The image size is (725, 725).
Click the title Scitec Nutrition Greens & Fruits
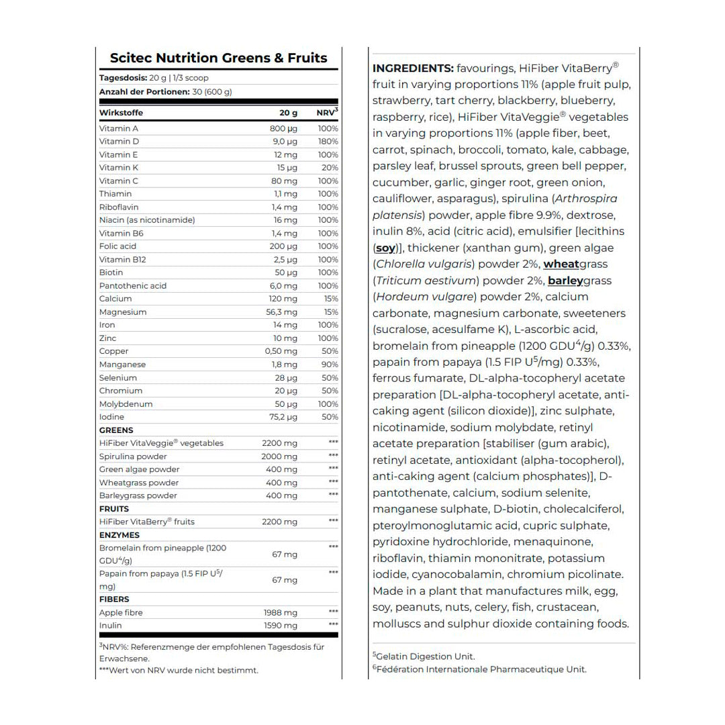pos(218,58)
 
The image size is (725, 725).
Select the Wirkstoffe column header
pos(121,113)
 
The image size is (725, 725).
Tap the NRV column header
pos(327,113)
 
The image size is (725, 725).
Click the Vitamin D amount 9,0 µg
pos(285,142)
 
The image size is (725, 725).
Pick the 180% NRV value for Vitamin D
pos(328,142)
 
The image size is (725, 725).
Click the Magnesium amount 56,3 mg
pos(281,312)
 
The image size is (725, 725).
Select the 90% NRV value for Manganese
pos(330,365)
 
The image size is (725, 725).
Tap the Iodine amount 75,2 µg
pos(282,417)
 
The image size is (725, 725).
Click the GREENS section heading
pos(116,430)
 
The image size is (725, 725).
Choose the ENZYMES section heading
pos(119,535)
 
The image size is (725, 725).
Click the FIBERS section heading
pos(114,599)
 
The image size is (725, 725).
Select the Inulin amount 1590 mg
pos(280,626)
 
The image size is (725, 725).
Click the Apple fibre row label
pos(121,613)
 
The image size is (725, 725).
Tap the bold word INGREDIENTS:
pos(413,68)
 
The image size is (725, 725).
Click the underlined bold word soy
pos(385,248)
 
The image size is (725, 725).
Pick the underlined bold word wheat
pos(561,264)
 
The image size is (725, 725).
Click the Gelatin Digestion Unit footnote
pos(424,657)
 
